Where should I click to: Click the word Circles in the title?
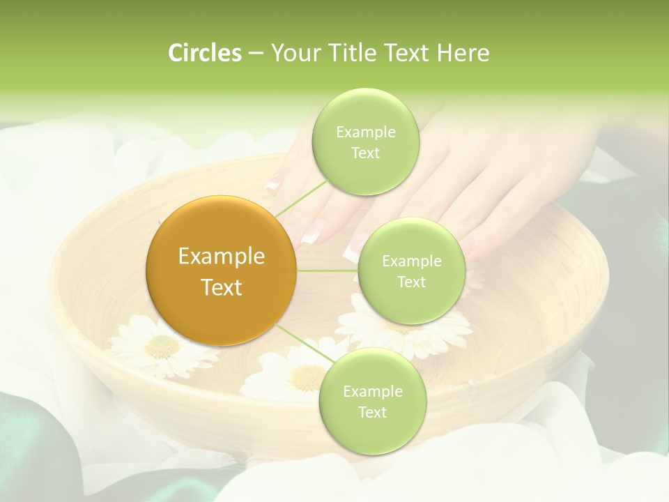click(x=204, y=53)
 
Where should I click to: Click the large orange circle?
click(x=221, y=271)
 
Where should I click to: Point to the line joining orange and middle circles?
click(x=328, y=271)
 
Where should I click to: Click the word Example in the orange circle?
click(x=221, y=257)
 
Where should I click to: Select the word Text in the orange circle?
click(x=221, y=287)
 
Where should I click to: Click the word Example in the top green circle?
click(x=365, y=132)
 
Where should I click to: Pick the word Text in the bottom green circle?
click(x=372, y=412)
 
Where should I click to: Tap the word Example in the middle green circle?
click(x=411, y=261)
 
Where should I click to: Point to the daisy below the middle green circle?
click(x=418, y=333)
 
